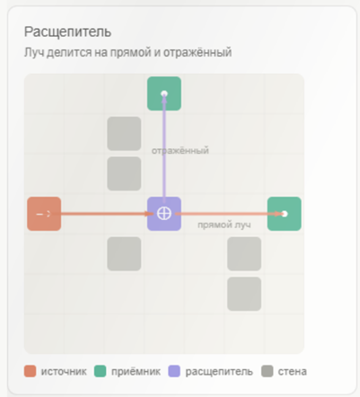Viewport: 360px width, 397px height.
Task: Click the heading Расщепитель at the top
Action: [x=67, y=32]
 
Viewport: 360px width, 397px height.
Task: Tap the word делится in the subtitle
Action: [x=69, y=52]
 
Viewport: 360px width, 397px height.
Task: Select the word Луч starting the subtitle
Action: [x=34, y=52]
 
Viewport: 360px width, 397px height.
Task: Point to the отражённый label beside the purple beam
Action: [x=180, y=150]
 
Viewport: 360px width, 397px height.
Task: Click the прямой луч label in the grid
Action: [x=224, y=225]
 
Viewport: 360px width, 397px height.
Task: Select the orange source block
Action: [x=44, y=214]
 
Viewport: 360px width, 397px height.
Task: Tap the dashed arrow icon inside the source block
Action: [x=44, y=214]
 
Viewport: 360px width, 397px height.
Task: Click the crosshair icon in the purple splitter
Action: [x=164, y=214]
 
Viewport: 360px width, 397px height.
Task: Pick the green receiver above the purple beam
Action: [x=164, y=93]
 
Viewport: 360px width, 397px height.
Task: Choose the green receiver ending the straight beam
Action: [x=285, y=214]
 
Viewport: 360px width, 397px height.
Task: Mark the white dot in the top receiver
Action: [x=164, y=93]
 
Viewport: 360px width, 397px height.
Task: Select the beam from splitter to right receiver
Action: [x=229, y=214]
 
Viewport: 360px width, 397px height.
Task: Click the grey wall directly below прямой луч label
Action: [x=244, y=254]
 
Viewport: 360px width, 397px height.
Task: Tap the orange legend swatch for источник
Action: [x=30, y=371]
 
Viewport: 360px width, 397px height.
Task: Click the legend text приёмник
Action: [x=136, y=372]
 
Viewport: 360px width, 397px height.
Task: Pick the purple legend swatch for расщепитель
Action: [x=174, y=371]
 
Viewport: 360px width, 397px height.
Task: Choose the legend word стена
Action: [x=292, y=372]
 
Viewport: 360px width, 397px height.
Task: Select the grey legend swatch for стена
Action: [x=267, y=371]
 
